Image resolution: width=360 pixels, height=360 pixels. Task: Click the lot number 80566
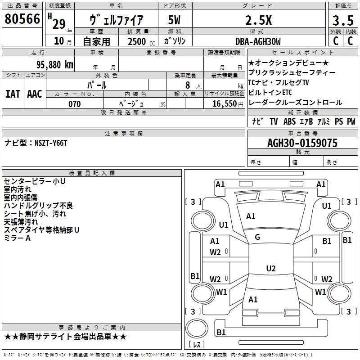pos(22,19)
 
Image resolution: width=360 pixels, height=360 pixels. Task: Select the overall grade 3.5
pos(343,20)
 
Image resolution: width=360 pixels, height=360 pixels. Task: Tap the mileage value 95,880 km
pos(54,65)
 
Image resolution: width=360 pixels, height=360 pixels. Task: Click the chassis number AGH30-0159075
pos(302,143)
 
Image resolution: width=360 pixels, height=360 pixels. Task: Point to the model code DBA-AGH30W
pos(258,41)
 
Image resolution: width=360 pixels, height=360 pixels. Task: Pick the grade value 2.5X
pos(258,20)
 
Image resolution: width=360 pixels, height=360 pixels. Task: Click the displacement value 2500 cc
pos(141,41)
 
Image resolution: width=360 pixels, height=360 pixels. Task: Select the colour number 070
pos(75,104)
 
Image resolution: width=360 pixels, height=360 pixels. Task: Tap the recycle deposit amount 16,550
pos(225,103)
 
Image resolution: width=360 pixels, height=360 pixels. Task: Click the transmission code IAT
pos(13,94)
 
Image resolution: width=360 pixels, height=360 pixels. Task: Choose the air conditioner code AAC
pos(35,94)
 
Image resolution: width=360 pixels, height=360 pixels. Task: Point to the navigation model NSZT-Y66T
pos(51,143)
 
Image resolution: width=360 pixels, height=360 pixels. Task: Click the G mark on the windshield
pos(257,237)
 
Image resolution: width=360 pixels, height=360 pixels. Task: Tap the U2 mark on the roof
pos(271,268)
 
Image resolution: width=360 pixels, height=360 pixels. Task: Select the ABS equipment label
pos(289,121)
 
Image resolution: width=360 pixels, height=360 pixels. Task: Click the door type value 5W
pos(174,20)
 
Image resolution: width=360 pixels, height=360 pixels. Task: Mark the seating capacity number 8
pos(188,85)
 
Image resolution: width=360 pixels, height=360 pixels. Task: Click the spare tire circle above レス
pos(197,328)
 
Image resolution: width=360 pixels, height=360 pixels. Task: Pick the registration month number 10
pos(59,41)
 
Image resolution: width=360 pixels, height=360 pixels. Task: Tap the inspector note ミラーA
pos(17,238)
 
